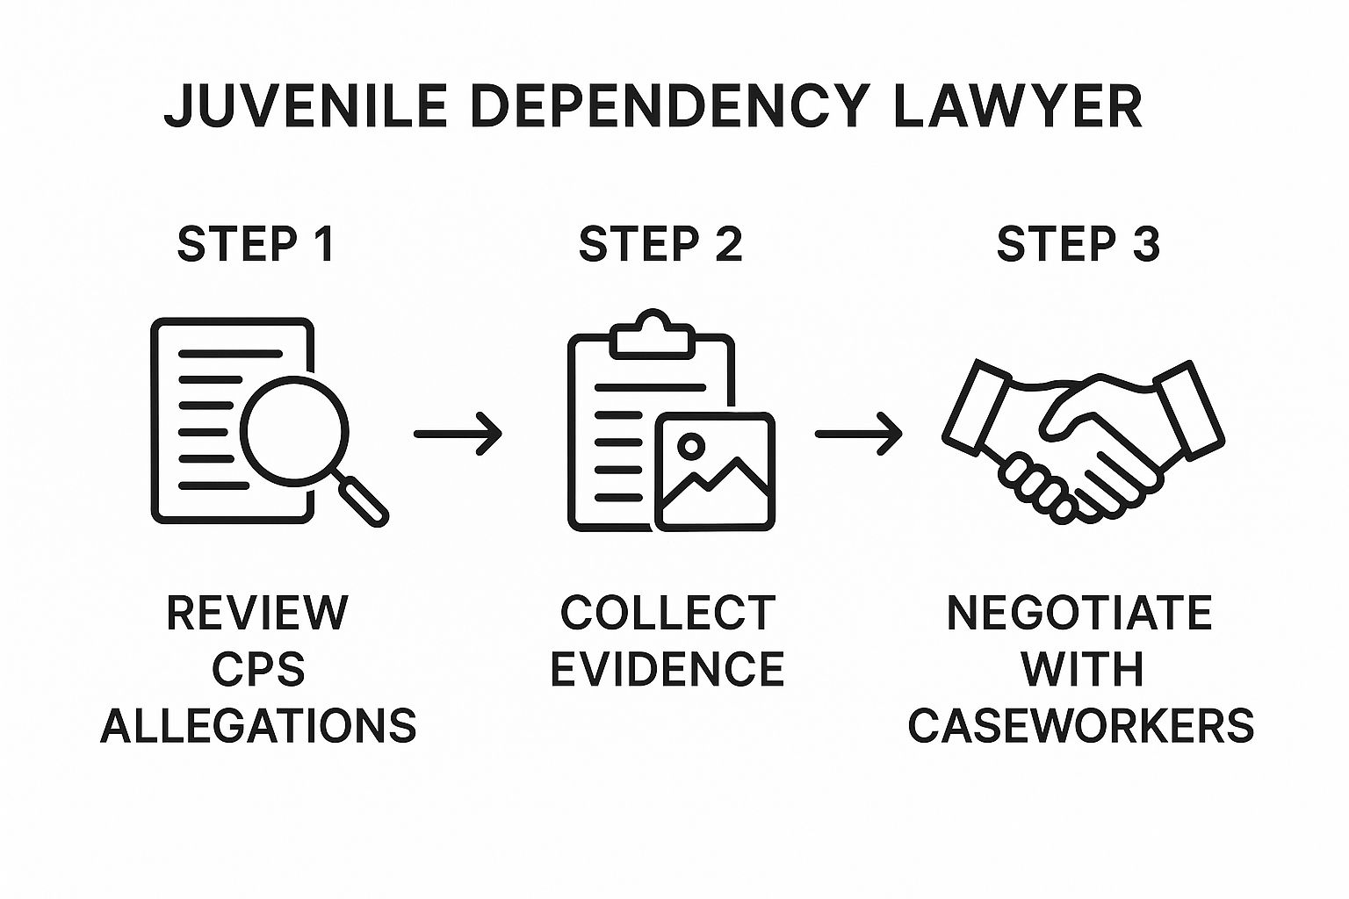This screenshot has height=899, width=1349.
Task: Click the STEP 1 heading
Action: (256, 244)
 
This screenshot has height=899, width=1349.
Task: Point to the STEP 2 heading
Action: (660, 244)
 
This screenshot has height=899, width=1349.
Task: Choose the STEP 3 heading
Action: (1078, 244)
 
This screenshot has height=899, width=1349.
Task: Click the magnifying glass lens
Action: (294, 430)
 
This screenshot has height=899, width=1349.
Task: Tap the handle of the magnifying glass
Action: (363, 500)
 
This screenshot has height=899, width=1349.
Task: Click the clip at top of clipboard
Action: (651, 334)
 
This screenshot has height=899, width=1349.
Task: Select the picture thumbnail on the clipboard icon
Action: (715, 472)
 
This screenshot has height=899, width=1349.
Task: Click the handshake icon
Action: (1082, 439)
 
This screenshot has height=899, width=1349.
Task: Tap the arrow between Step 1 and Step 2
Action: (458, 433)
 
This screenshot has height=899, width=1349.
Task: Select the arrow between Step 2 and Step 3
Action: (858, 433)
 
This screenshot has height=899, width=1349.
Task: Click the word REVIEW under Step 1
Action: (257, 613)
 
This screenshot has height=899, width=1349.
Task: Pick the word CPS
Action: (258, 670)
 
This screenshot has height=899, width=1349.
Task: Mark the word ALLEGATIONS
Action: (258, 726)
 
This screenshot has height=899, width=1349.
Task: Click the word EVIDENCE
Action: (667, 670)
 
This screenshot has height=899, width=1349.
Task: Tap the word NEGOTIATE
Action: (1079, 613)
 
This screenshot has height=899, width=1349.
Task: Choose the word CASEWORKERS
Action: (1081, 726)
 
